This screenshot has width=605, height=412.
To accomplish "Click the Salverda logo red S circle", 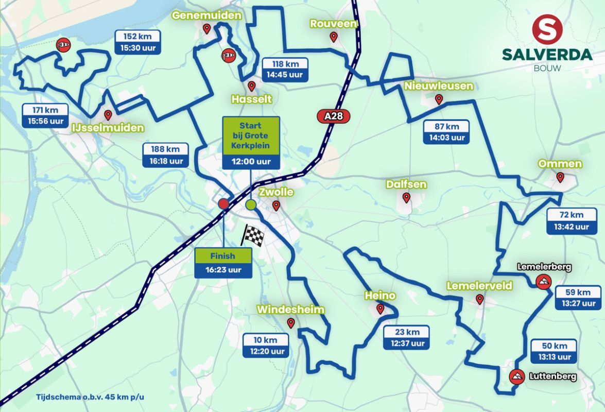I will tap(547, 29).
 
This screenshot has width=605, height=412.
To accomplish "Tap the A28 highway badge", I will tap(333, 117).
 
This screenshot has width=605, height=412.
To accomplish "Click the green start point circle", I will tap(251, 205).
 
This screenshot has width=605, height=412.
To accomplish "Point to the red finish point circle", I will tap(223, 204).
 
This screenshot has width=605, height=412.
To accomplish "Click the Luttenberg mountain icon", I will tap(516, 376).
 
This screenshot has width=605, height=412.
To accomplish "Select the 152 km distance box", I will tap(138, 42).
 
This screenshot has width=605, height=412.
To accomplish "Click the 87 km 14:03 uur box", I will tap(446, 132).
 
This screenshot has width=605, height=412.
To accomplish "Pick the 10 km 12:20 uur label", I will tap(266, 345).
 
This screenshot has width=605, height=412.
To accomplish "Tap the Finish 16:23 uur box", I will tap(223, 263).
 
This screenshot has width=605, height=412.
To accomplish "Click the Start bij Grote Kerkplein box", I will tap(251, 143).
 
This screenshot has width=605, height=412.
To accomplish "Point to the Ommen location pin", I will tap(560, 177).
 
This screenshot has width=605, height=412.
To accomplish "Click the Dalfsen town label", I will tap(406, 184).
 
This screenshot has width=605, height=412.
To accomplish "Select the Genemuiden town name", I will tap(206, 15).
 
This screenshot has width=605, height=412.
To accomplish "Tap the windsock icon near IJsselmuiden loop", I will tap(63, 46).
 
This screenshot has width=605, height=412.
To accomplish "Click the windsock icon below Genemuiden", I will tap(228, 55).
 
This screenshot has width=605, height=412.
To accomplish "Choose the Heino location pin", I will tap(381, 309).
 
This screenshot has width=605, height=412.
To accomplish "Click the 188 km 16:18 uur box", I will tap(165, 154).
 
